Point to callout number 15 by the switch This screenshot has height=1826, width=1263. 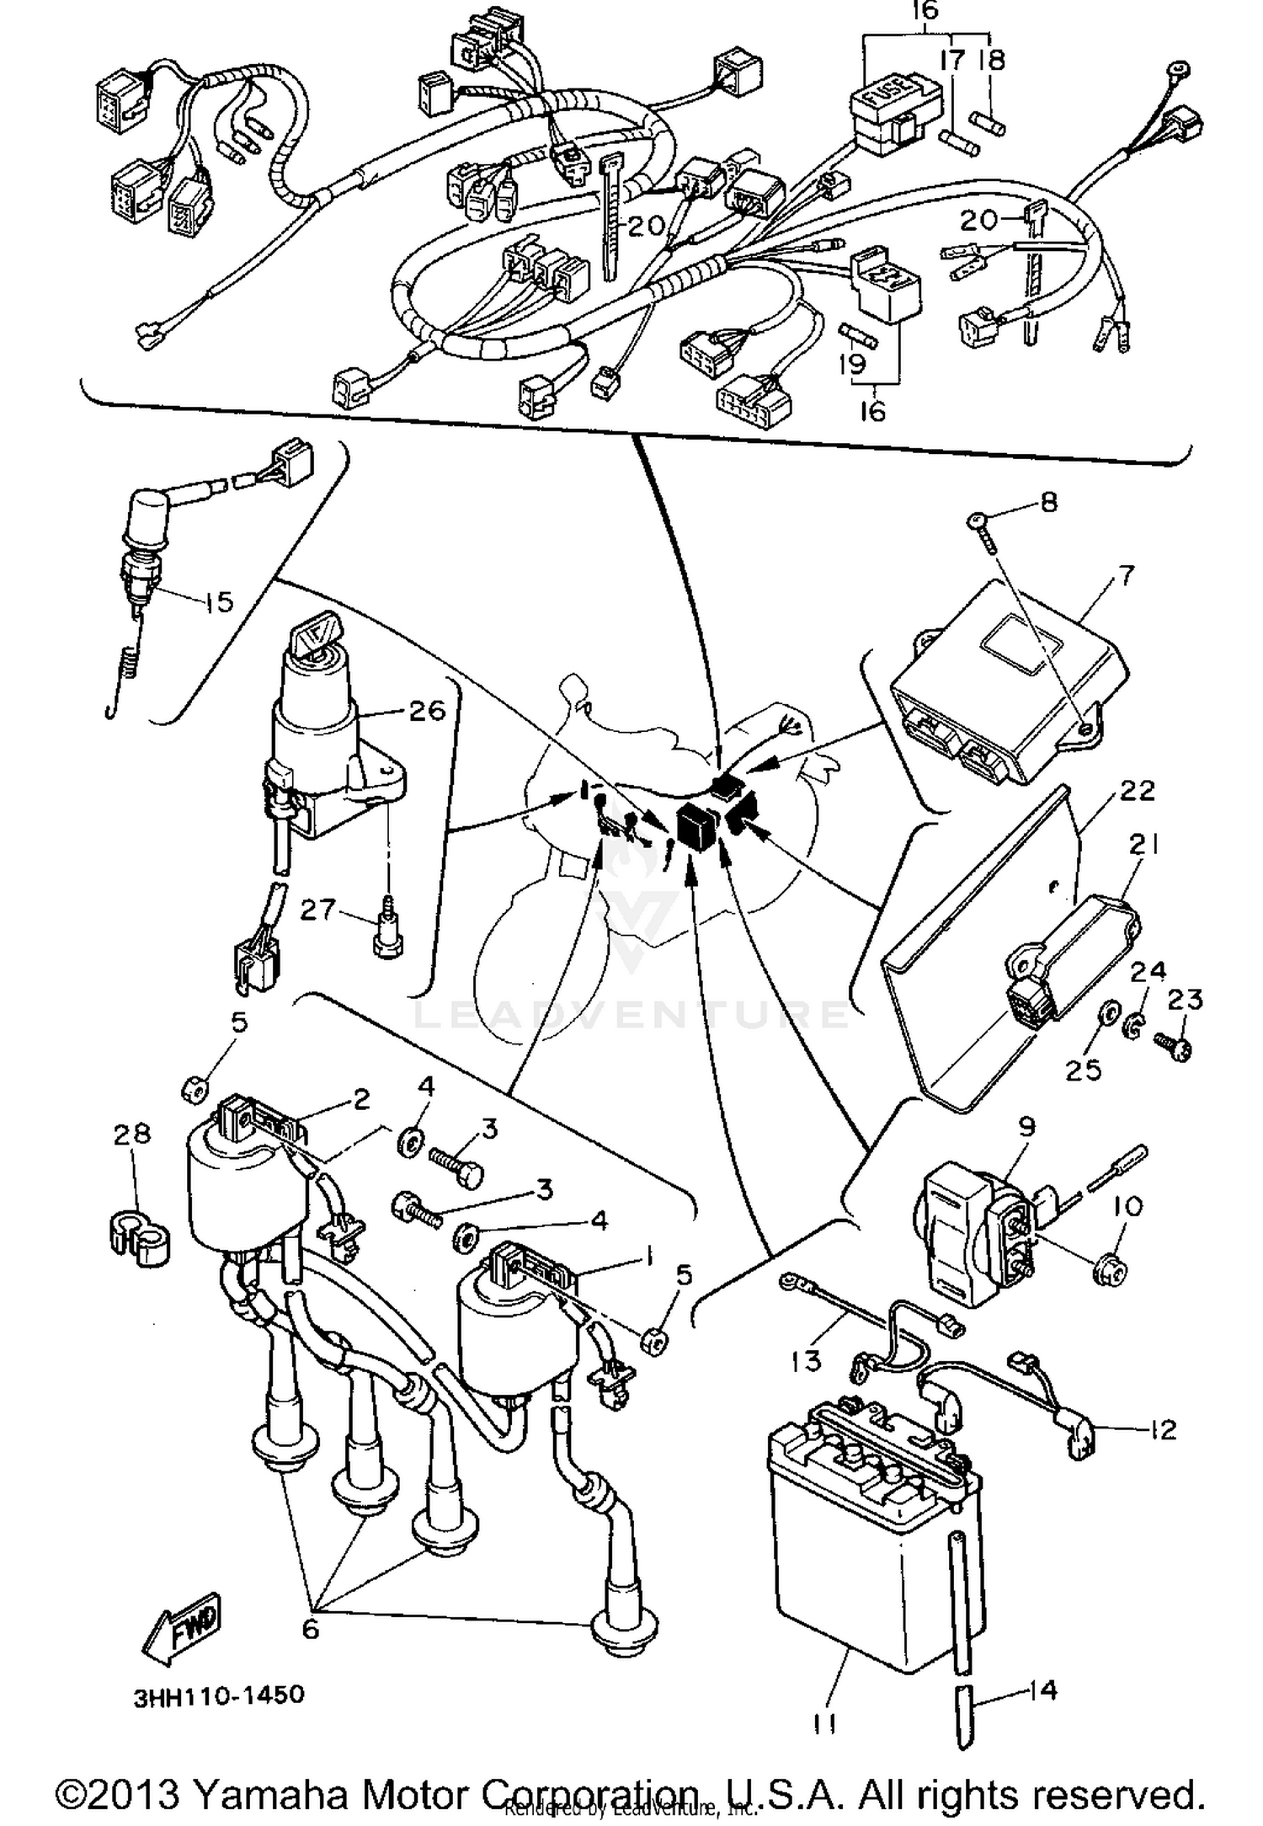coord(217,602)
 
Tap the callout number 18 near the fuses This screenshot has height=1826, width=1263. coord(992,60)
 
